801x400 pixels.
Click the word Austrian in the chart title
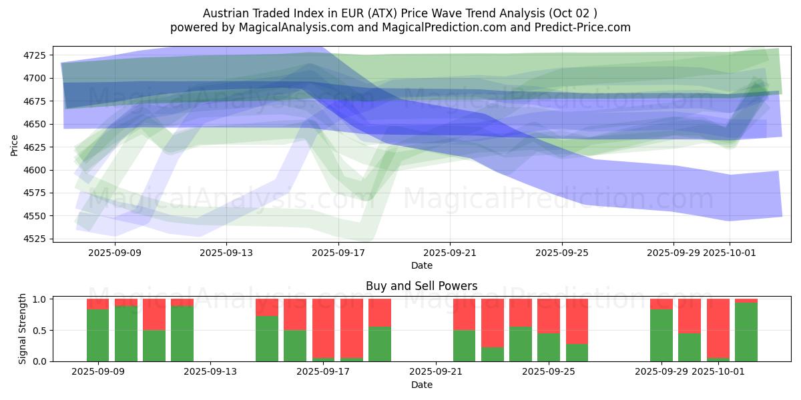coord(224,13)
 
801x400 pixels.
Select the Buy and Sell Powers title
coord(421,286)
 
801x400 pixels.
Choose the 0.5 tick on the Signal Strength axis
coord(40,331)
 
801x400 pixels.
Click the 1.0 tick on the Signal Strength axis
coord(40,299)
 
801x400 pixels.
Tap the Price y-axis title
coord(15,145)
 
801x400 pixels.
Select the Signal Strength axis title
coord(23,329)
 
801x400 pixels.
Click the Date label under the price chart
coord(421,265)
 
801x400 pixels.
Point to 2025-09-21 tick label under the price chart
coord(450,253)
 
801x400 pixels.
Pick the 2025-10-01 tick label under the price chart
coord(729,253)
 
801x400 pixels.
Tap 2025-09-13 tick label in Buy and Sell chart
coord(211,372)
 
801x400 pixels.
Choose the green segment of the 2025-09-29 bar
coord(661,335)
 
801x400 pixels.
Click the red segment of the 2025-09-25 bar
coord(549,316)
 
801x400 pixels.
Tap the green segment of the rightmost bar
coord(746,332)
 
